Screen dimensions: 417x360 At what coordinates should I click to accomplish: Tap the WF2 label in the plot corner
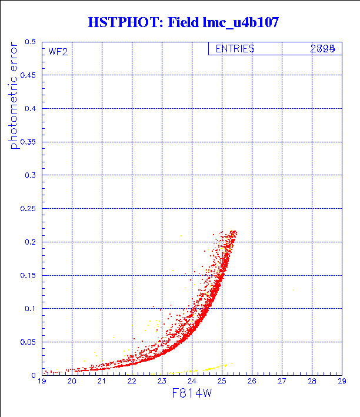[x=58, y=52]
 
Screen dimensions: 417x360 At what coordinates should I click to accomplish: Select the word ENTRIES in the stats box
[x=235, y=49]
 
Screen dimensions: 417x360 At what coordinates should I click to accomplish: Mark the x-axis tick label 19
[x=42, y=381]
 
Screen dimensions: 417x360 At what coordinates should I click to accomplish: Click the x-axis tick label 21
[x=102, y=381]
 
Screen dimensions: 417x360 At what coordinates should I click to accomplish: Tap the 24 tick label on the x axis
[x=192, y=381]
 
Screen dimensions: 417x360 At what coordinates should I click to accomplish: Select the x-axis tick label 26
[x=252, y=381]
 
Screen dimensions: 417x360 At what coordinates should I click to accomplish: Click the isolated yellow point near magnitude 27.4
[x=293, y=289]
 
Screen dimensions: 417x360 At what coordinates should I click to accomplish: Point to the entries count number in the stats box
[x=323, y=49]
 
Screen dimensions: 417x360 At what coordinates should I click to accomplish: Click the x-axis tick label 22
[x=132, y=381]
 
